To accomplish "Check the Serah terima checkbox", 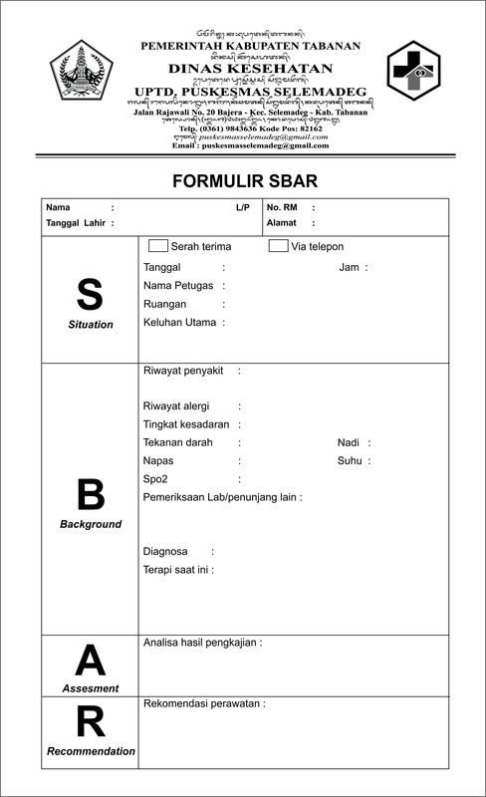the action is pos(157,246).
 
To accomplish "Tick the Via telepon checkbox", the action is pos(279,246).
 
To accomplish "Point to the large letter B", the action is pos(91,494).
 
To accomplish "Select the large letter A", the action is pos(91,660).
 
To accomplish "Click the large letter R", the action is pos(91,721).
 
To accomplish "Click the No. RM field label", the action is pos(282,208).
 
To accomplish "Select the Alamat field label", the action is pos(282,223).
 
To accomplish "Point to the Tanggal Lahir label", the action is pos(76,223).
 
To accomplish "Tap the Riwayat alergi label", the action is pos(181,406).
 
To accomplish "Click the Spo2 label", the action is pos(155,479).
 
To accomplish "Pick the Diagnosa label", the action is pos(165,551).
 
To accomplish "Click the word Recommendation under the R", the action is pos(91,751).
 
